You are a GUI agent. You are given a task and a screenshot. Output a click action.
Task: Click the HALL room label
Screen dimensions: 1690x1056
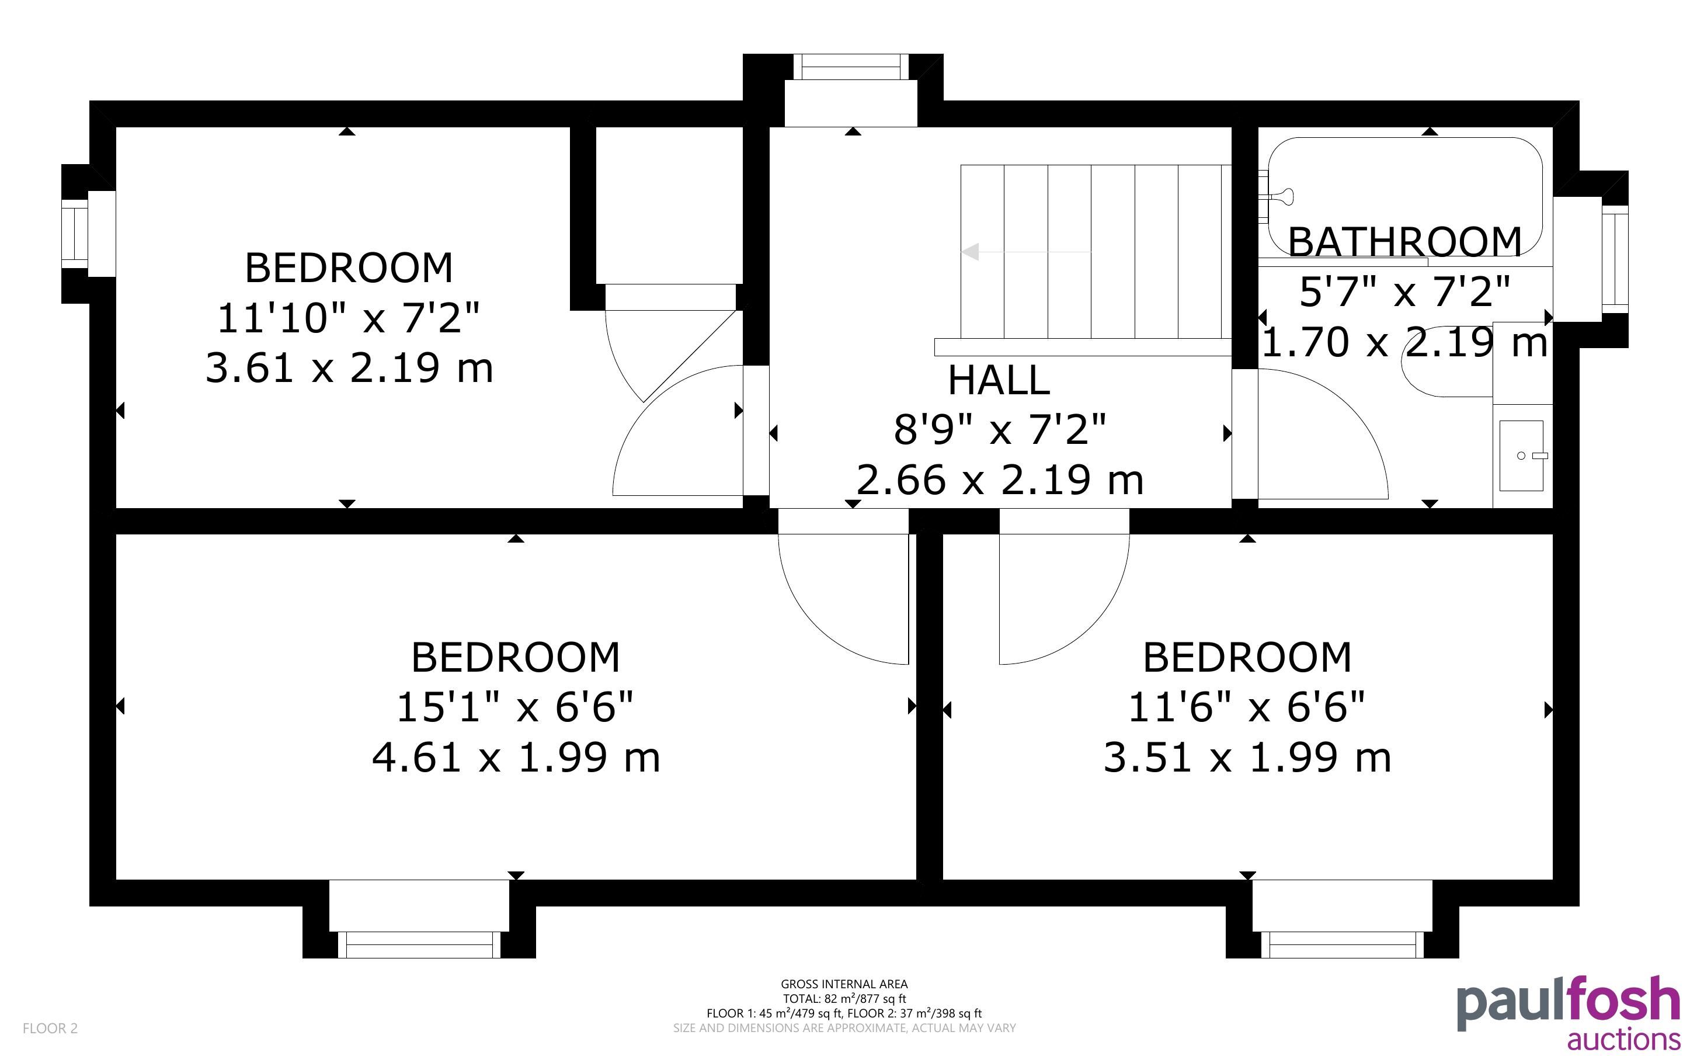click(x=998, y=381)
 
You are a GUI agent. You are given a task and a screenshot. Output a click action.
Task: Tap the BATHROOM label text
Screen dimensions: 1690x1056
click(x=1404, y=242)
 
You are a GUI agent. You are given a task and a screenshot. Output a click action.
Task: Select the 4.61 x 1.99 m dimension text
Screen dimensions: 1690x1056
click(x=516, y=757)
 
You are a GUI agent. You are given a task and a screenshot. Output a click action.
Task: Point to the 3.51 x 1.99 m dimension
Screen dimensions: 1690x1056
click(x=1247, y=757)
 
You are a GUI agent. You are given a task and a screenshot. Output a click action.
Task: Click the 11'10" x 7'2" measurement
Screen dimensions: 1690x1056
click(x=348, y=318)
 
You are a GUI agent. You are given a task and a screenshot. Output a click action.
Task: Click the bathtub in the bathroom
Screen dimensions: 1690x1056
click(x=1404, y=196)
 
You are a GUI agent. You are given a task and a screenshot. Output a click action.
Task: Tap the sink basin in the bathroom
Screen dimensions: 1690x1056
click(x=1521, y=456)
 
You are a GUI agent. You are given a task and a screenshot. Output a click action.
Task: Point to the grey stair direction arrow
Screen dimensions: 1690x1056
click(x=1026, y=251)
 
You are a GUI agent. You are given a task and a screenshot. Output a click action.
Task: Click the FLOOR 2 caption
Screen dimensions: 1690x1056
click(x=50, y=1028)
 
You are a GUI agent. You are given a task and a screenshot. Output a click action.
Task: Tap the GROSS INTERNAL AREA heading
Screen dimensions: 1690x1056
click(x=844, y=984)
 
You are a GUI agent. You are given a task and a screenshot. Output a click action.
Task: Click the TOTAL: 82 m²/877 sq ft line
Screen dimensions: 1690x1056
click(x=844, y=999)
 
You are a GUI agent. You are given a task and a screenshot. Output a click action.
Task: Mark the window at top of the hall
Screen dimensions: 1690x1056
click(x=851, y=67)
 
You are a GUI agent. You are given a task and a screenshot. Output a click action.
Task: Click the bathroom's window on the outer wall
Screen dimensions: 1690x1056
click(x=1615, y=259)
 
